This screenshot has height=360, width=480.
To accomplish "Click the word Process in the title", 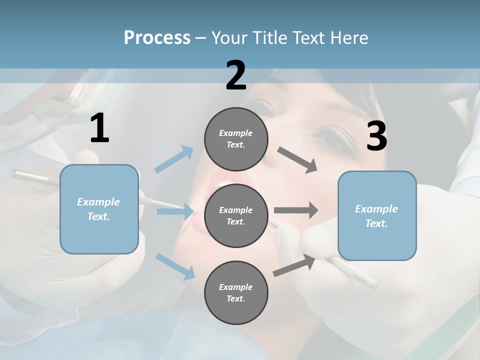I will [x=157, y=38].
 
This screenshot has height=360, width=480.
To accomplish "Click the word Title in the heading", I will [x=268, y=38].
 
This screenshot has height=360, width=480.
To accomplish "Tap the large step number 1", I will [x=99, y=128].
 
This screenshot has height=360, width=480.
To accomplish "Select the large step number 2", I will [x=236, y=75].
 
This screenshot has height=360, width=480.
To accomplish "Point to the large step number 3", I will [x=376, y=136].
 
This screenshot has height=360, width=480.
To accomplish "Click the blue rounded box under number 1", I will [x=99, y=209].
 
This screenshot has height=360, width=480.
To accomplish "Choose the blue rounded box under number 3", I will [x=377, y=216].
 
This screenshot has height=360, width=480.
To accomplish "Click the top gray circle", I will [x=236, y=138].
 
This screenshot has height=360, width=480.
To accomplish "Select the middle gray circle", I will [x=236, y=215].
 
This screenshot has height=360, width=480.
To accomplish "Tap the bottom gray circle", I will [x=236, y=292].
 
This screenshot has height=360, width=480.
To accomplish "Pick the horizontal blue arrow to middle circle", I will [x=175, y=211].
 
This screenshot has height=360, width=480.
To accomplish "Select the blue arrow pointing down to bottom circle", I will [x=175, y=266].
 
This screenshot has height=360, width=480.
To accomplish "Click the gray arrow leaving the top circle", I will [x=297, y=160].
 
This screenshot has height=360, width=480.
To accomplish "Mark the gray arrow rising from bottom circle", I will [x=294, y=265].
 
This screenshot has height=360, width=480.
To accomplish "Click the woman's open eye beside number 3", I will [x=332, y=137].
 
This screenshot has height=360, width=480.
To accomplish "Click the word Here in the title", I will [x=349, y=38].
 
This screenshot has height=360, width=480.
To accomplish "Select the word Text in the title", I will [x=310, y=38].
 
